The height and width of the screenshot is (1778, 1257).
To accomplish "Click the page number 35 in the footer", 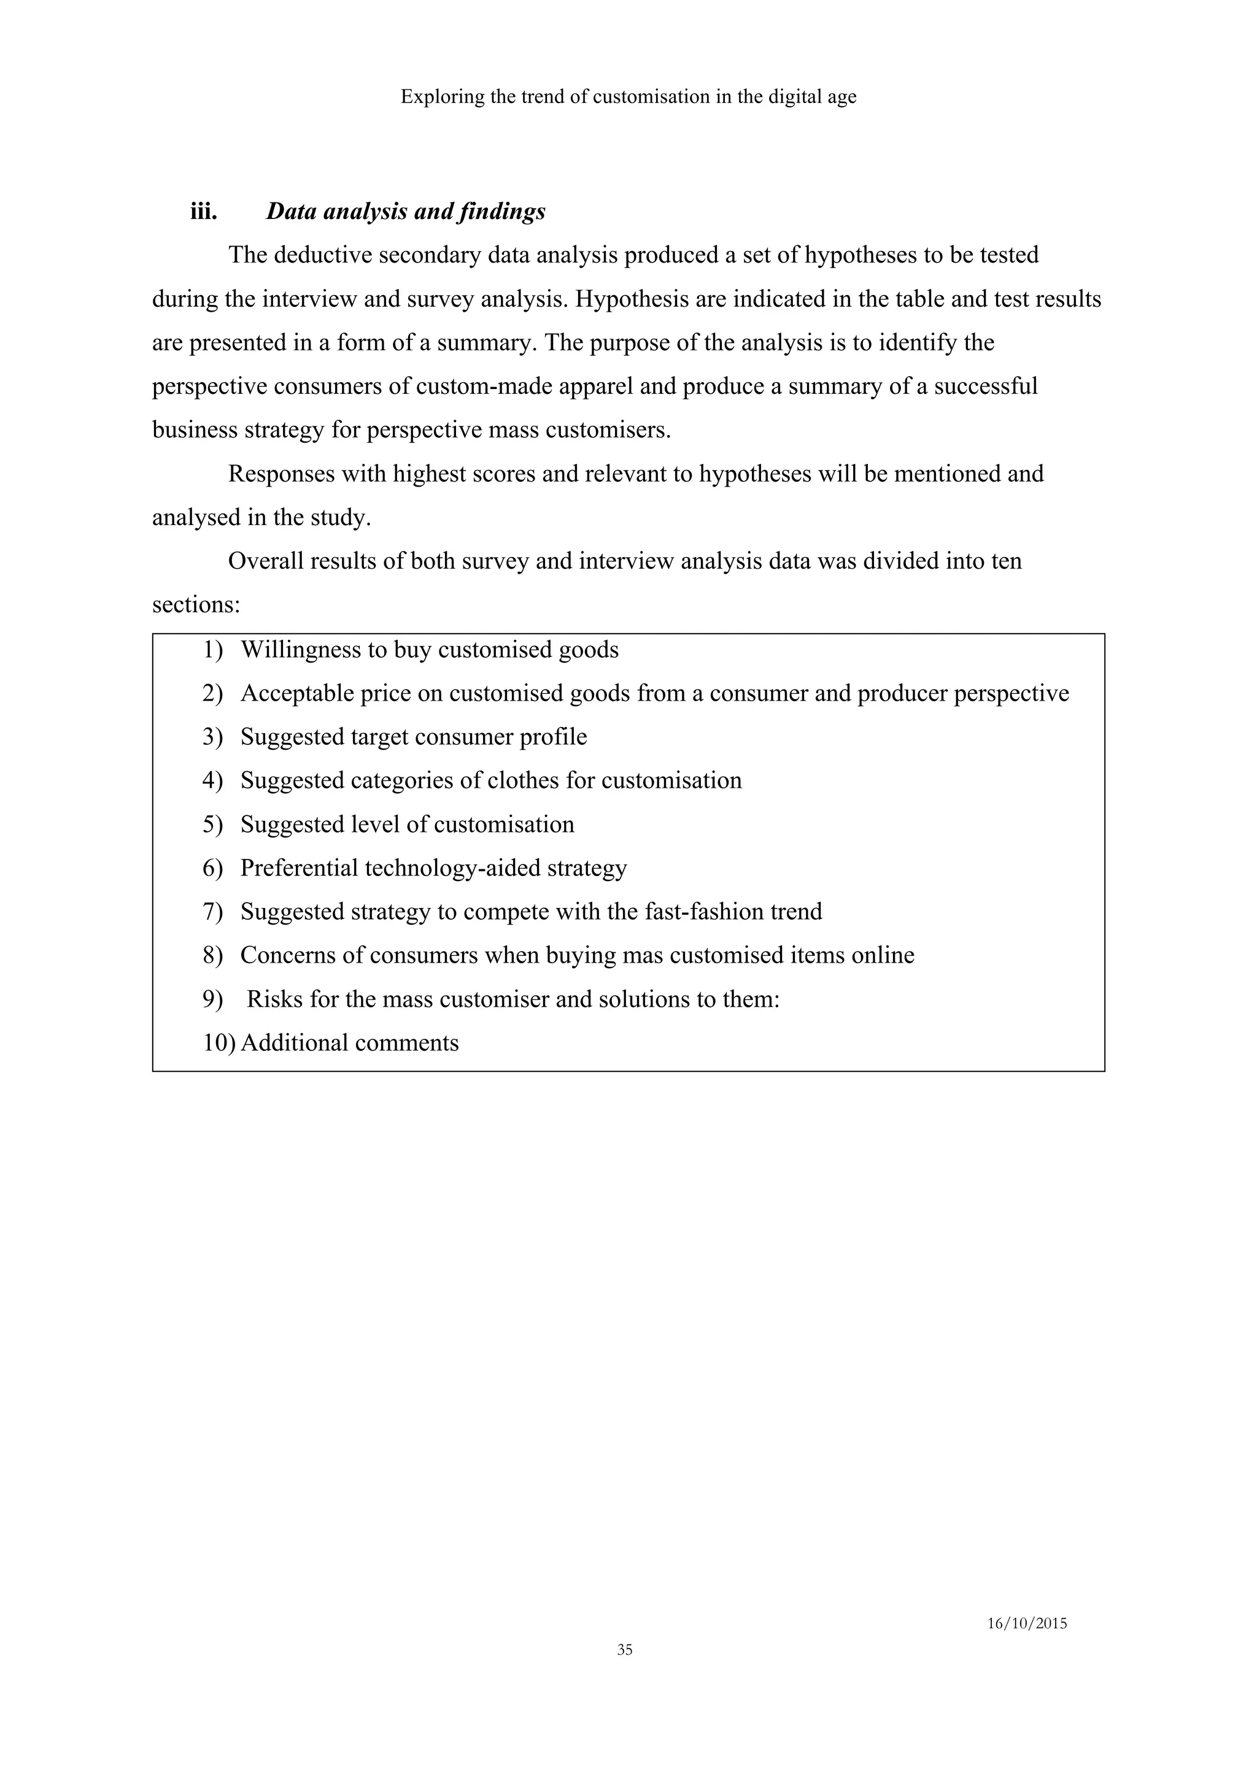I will click(x=624, y=1650).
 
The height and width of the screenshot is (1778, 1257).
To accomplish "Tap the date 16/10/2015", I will click(x=1026, y=1624).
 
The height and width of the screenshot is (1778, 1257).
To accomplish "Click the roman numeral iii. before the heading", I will click(x=204, y=212).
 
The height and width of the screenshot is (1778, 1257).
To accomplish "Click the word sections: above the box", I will click(x=196, y=605).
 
